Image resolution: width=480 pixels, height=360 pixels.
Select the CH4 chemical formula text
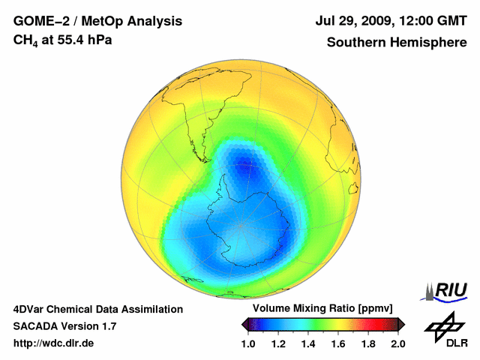25,40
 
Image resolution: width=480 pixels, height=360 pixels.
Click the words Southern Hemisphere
397,43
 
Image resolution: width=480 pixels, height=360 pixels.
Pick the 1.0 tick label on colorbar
248,343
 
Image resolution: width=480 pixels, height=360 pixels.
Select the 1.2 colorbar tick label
278,343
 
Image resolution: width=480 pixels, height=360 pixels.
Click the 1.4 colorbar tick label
308,343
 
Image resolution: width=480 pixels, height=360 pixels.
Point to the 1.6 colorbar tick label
338,343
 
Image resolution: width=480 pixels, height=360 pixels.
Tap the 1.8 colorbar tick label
368,343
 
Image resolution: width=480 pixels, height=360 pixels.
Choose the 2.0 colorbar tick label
397,343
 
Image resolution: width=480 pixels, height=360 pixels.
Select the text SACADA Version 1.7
64,326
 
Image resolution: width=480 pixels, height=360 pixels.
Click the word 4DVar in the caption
31,309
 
